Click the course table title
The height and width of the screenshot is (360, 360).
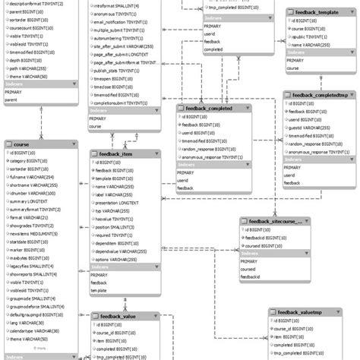(x=22, y=144)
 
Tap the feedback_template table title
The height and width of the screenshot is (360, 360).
(x=317, y=14)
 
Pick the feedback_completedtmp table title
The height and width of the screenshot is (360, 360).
(x=320, y=96)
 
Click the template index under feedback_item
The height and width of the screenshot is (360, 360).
(x=99, y=291)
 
